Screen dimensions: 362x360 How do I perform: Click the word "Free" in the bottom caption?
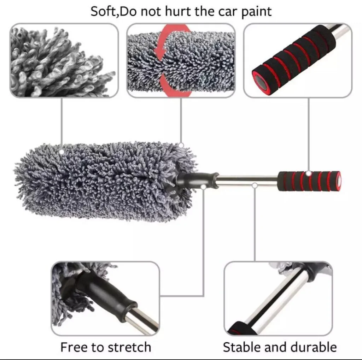point(74,347)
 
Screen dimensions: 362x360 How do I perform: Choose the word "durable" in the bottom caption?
point(314,347)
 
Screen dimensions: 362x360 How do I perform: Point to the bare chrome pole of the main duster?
point(247,181)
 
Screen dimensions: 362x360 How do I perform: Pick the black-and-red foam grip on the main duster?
point(309,181)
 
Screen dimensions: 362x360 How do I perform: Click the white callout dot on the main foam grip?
point(309,173)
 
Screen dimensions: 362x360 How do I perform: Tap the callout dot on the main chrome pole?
point(255,185)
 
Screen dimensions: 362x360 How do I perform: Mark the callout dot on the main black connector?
point(203,187)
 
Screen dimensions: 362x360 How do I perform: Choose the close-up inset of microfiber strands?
point(64,60)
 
